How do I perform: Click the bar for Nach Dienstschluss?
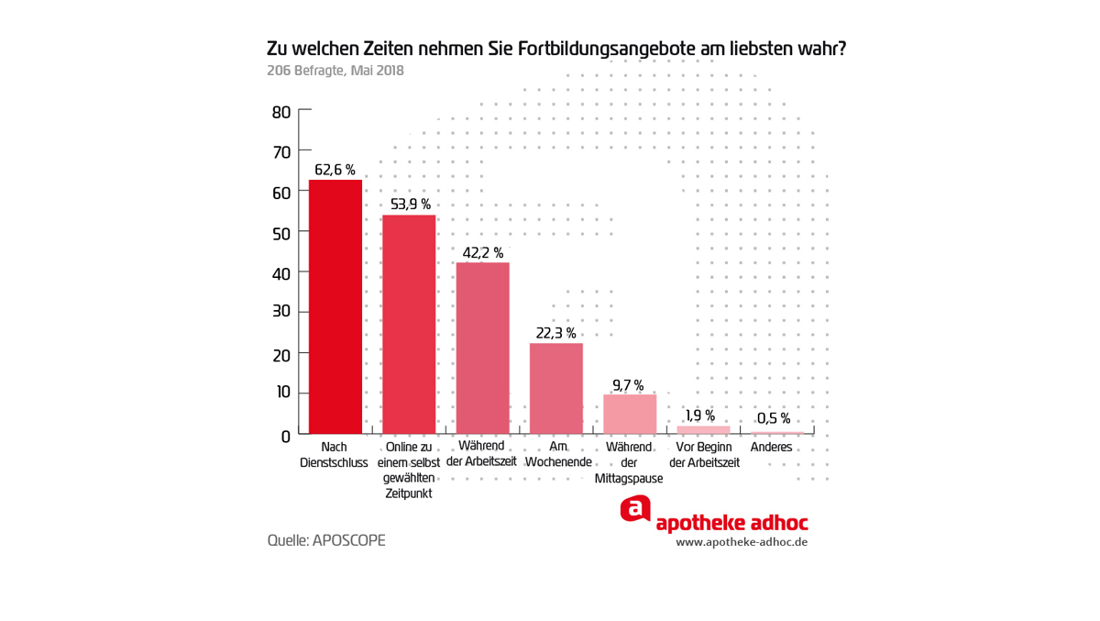335,306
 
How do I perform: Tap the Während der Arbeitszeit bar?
482,348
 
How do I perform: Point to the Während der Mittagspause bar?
630,414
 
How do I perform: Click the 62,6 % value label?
335,170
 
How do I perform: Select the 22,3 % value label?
556,333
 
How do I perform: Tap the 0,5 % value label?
774,419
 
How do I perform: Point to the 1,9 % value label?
700,416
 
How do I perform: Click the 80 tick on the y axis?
281,112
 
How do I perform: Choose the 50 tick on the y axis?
281,233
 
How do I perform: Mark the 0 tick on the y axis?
285,436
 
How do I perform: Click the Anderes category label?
771,448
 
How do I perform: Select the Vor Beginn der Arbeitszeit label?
704,455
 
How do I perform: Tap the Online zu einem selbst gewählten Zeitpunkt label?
409,470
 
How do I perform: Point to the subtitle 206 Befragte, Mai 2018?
335,71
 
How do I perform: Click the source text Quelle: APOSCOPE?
326,540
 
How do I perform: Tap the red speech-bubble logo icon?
635,509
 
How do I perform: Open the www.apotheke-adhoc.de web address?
742,542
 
